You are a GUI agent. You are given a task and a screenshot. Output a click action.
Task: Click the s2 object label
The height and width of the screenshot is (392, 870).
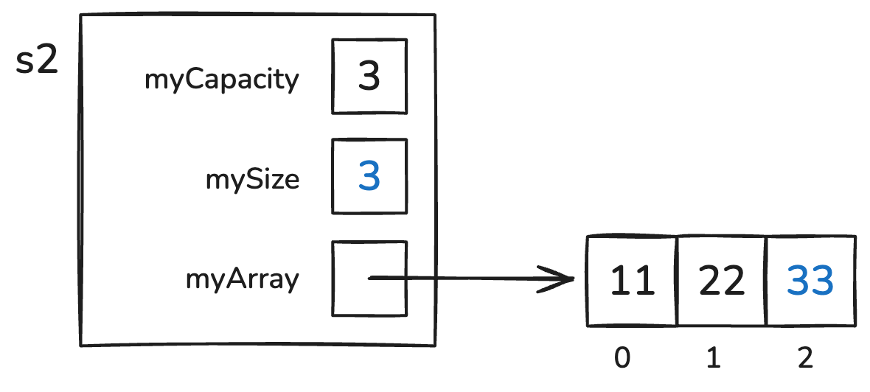(x=37, y=61)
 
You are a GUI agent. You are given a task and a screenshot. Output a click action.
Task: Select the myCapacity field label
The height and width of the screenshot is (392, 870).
(x=222, y=79)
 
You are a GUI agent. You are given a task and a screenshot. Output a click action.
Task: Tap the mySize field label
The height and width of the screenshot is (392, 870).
(x=252, y=179)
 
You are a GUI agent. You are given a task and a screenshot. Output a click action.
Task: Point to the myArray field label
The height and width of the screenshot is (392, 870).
(x=242, y=279)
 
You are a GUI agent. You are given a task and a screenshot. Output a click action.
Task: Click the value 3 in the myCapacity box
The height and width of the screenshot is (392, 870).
(x=369, y=77)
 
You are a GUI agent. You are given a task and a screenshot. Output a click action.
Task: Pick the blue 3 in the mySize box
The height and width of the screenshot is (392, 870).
(x=369, y=178)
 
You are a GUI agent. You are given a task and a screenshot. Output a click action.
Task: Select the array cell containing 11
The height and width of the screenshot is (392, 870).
(x=633, y=281)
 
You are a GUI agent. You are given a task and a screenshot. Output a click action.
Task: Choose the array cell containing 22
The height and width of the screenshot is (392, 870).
(x=722, y=281)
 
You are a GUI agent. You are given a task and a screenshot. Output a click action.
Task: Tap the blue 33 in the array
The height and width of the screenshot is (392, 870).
(x=810, y=281)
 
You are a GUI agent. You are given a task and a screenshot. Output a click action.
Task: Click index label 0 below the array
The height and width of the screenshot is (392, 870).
(x=623, y=358)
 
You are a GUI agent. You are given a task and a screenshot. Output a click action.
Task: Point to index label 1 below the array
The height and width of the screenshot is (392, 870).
(x=713, y=358)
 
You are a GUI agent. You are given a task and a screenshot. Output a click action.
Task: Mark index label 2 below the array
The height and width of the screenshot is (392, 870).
(x=805, y=358)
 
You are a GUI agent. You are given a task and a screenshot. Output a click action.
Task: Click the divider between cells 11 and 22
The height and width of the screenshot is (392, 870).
(x=677, y=281)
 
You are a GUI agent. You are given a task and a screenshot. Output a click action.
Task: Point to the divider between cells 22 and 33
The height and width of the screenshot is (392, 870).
(x=768, y=281)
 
